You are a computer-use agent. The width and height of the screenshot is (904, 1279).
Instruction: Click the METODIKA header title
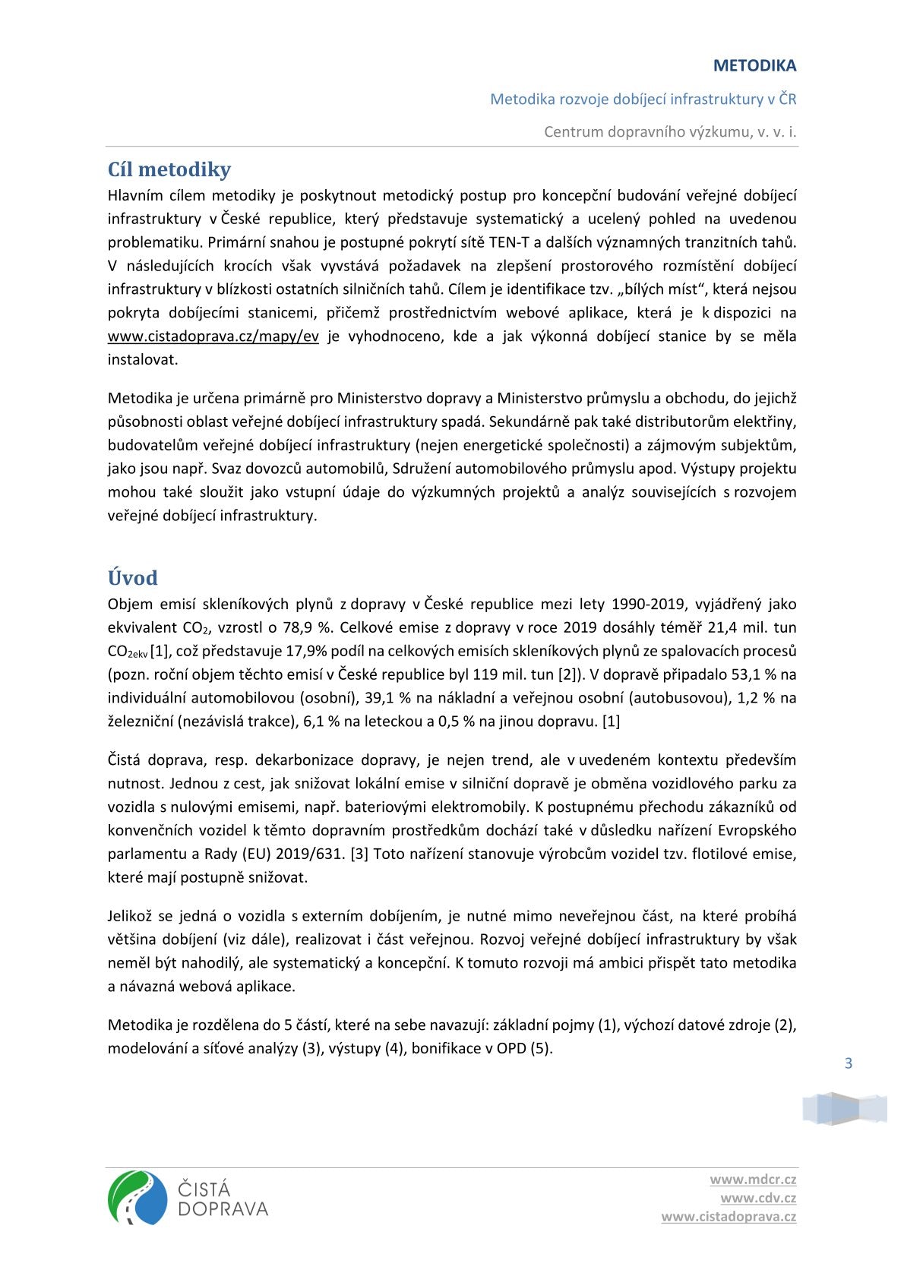click(x=754, y=66)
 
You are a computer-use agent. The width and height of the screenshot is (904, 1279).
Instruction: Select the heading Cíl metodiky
click(x=169, y=169)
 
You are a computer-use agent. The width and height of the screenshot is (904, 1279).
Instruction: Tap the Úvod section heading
click(x=132, y=578)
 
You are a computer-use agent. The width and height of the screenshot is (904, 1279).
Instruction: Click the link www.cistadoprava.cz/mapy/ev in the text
click(x=213, y=336)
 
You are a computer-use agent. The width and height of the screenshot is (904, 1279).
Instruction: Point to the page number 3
click(x=849, y=1063)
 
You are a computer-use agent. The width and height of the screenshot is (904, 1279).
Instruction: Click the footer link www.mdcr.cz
click(x=753, y=1180)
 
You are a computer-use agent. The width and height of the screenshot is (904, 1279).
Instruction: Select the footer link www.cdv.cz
click(x=758, y=1198)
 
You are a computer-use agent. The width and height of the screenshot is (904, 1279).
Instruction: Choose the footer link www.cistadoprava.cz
click(x=729, y=1217)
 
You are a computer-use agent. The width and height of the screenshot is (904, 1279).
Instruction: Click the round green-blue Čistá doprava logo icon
click(x=137, y=1198)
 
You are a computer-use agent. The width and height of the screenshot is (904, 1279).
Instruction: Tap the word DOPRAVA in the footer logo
click(x=223, y=1208)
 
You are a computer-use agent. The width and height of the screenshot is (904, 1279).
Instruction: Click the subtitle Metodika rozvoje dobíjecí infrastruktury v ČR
click(x=643, y=99)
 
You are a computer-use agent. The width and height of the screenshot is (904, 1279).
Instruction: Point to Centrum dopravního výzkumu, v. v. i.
click(x=670, y=132)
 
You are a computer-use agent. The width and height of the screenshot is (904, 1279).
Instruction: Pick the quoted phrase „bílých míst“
click(x=661, y=289)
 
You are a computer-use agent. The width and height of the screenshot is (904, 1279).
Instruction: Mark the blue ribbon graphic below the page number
click(x=845, y=1109)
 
